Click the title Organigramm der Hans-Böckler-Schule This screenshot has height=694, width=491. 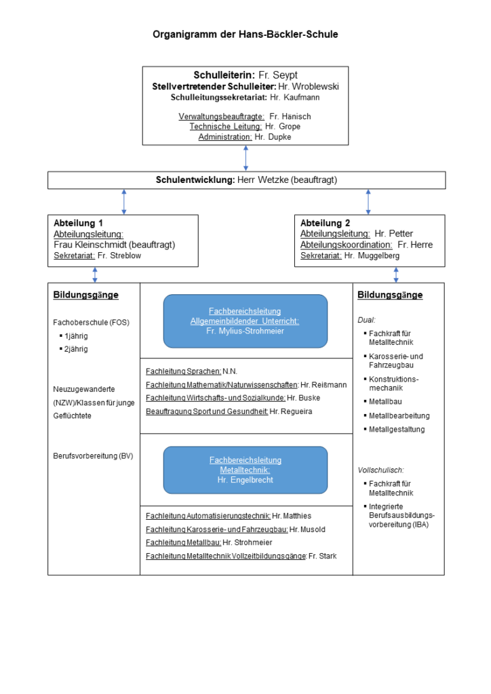point(245,35)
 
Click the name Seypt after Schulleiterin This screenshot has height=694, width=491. point(285,75)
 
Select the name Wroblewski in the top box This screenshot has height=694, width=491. point(315,86)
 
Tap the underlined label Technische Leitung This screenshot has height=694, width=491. point(226,127)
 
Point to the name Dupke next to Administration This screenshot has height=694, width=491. point(279,137)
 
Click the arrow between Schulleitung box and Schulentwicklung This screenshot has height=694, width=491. point(245,159)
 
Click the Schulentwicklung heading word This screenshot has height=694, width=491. point(195,180)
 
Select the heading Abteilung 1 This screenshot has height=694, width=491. point(78,223)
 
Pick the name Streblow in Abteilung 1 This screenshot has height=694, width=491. point(125,256)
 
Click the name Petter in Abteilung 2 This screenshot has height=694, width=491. point(400,234)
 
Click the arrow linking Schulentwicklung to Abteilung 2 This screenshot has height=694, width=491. point(368,202)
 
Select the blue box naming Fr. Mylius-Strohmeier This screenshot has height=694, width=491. point(245,321)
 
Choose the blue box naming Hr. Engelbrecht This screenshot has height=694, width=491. point(245,470)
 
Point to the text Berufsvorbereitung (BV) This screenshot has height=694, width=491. point(93,456)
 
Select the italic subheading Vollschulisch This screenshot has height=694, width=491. point(380,470)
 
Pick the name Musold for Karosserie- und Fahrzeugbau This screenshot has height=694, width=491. point(313,529)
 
